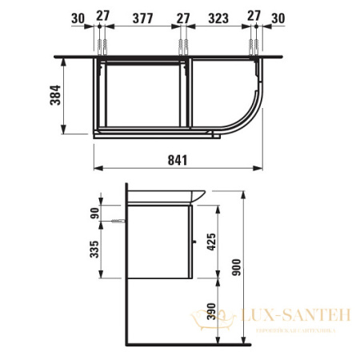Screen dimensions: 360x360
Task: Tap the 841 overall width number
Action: point(178,160)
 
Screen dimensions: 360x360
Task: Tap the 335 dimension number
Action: point(94,251)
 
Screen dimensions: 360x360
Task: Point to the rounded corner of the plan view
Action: point(248,116)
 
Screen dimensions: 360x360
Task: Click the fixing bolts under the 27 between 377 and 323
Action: point(182,45)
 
